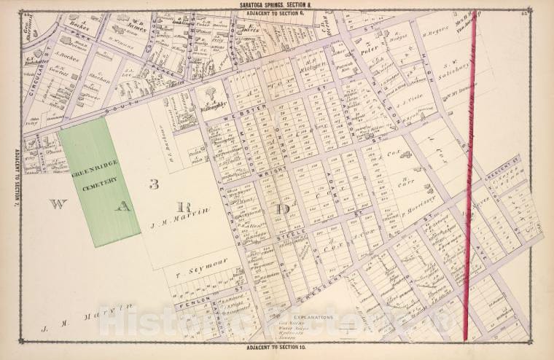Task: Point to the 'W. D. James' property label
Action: pyautogui.click(x=138, y=27)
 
